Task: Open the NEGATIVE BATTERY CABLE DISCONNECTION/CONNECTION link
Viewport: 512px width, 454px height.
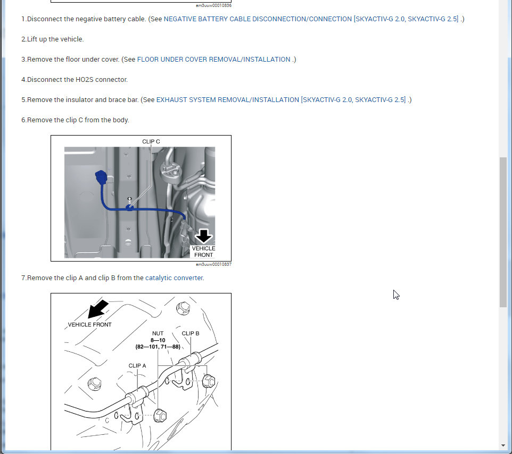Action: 258,19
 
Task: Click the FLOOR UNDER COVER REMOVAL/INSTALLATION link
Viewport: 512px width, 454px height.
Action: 213,60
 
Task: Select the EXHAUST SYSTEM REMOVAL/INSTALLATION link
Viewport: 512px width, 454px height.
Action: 228,100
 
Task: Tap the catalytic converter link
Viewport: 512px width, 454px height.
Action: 174,278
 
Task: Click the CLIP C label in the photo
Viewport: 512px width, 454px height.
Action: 151,141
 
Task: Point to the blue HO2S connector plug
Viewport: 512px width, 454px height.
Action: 101,177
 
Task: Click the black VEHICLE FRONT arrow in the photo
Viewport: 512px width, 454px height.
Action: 203,236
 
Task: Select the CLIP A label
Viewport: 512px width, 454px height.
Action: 137,366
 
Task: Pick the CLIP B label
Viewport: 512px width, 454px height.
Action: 191,333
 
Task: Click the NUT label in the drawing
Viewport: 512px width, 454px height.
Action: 158,333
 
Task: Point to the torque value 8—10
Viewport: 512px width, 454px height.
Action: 158,340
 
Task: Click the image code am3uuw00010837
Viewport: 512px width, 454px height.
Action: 213,264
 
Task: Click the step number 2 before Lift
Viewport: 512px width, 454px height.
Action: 23,39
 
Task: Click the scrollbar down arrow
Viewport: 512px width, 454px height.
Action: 503,445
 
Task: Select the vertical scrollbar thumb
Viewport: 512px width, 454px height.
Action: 503,232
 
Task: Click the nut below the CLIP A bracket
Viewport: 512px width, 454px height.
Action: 160,416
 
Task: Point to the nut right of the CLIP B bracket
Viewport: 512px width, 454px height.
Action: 209,381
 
